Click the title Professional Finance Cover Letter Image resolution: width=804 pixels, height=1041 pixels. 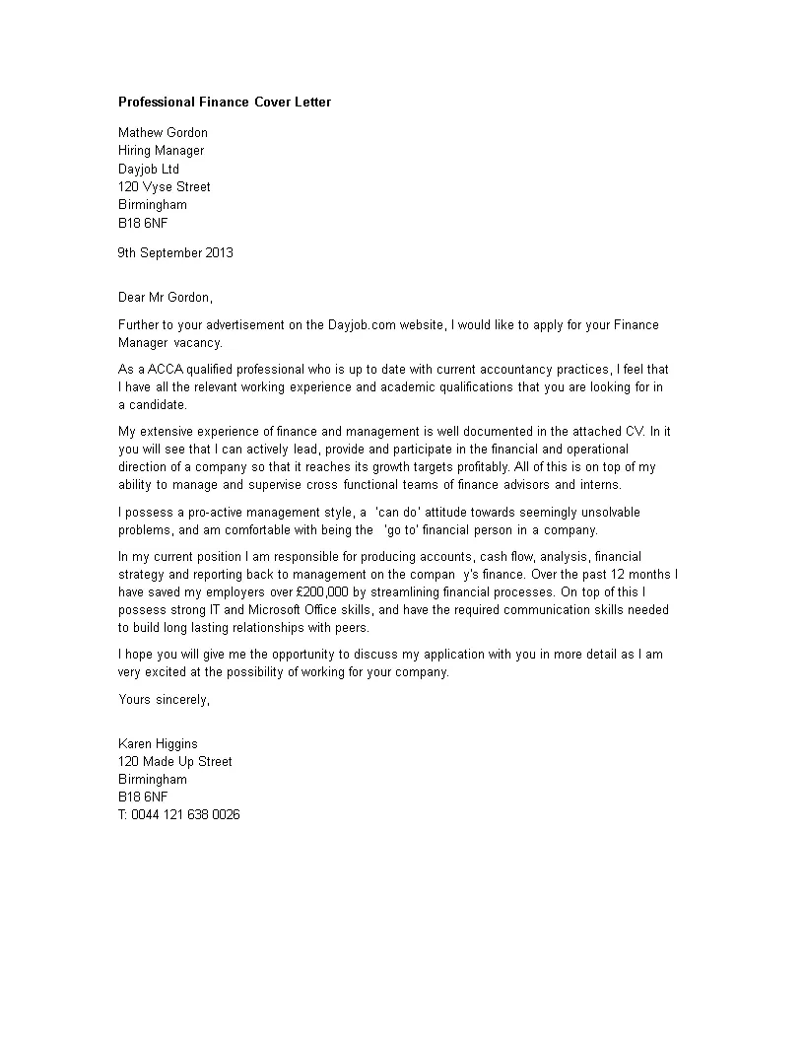225,103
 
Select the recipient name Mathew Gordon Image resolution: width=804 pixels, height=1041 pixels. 163,132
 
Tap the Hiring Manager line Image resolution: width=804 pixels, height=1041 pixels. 161,151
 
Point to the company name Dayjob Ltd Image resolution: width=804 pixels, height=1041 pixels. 149,169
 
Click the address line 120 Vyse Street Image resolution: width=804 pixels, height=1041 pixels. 164,187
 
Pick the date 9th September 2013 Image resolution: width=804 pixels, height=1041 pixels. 175,252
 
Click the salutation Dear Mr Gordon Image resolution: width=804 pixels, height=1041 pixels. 165,297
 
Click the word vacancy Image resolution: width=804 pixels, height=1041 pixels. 199,343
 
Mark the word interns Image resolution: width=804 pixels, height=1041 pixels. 601,484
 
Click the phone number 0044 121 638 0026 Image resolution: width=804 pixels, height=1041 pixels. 187,815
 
